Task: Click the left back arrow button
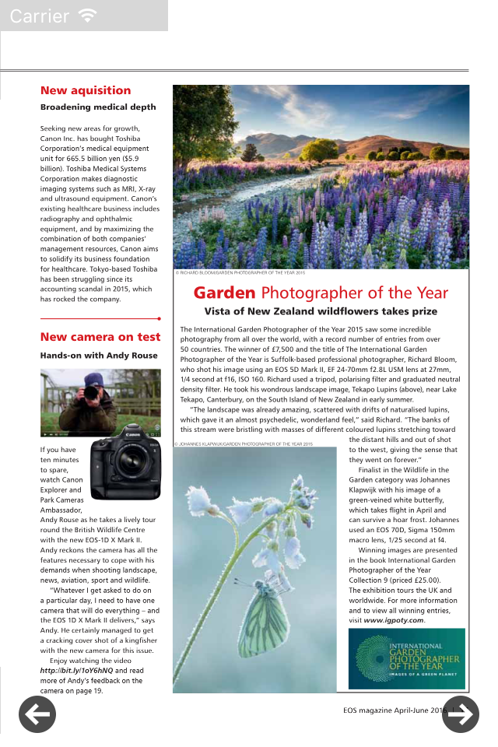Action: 37,714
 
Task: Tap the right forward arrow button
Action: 461,714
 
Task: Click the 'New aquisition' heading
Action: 86,90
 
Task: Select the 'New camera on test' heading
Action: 100,337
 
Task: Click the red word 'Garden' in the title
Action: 224,293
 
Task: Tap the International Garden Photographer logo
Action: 406,658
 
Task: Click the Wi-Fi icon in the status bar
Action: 88,16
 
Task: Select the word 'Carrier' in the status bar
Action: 39,16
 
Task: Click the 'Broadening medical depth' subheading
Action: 98,107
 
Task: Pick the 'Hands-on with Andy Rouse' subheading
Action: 99,356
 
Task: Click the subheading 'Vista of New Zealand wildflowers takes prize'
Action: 321,311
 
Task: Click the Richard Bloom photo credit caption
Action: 240,273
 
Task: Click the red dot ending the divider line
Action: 159,318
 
